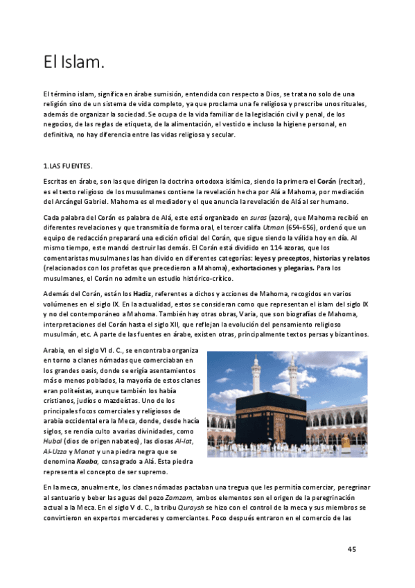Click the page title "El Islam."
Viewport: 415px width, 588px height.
(73, 63)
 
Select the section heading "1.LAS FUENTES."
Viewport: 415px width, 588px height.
(67, 166)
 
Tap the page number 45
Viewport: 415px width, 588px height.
(351, 549)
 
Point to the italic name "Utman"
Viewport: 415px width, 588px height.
(276, 228)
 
